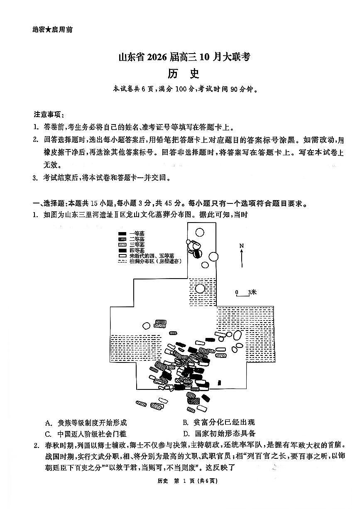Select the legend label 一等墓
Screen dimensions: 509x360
pyautogui.click(x=137, y=233)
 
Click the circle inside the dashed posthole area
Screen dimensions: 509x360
pyautogui.click(x=200, y=288)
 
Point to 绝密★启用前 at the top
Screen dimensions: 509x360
pyautogui.click(x=52, y=29)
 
